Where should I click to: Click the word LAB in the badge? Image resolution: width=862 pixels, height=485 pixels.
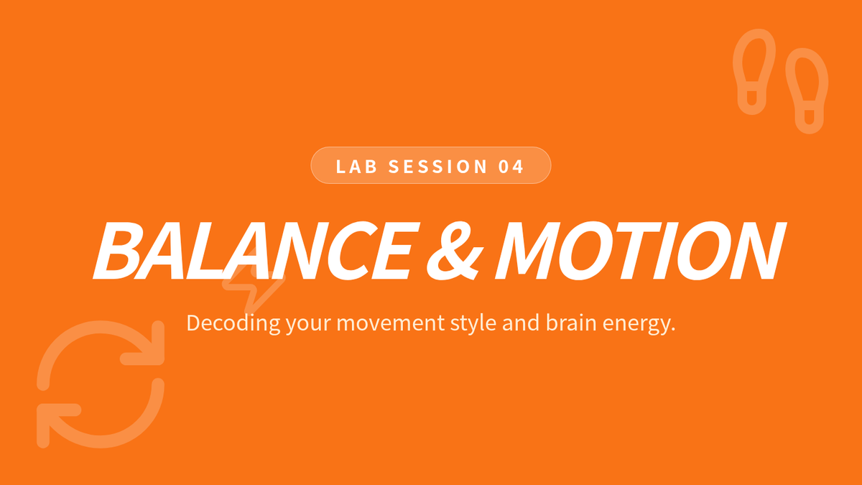point(356,167)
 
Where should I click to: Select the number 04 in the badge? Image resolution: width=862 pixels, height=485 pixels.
point(511,167)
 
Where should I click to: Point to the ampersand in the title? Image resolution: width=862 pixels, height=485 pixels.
point(455,250)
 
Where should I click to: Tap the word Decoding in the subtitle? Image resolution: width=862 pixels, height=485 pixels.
point(233,323)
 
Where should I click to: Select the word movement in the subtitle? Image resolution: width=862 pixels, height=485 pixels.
point(390,323)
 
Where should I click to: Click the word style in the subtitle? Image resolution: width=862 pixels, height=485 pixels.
point(473,323)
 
